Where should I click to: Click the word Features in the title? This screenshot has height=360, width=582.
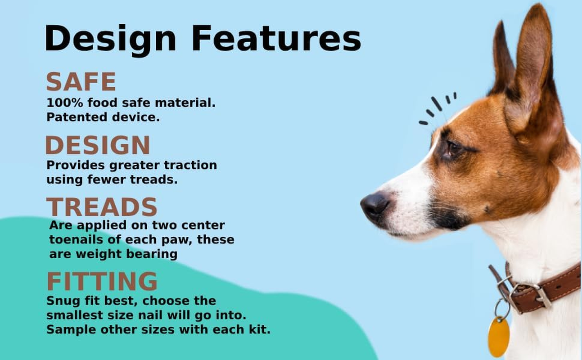click(276, 38)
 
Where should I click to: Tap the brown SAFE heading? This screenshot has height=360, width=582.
click(81, 81)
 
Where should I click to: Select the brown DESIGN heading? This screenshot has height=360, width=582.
click(98, 145)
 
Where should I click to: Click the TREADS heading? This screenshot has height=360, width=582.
click(102, 207)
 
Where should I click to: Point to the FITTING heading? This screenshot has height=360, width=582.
click(102, 281)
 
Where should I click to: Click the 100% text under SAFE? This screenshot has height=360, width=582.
click(65, 103)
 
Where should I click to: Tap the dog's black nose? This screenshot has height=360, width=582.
click(375, 204)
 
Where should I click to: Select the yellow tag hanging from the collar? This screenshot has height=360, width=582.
click(499, 337)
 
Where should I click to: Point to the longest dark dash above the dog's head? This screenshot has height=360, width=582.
click(437, 104)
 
